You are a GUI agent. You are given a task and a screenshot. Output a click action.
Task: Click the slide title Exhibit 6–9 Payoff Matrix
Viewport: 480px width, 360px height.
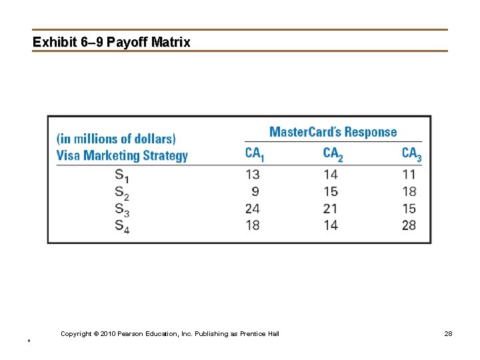click(111, 42)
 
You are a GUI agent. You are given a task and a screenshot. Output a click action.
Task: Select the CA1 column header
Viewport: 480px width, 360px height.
click(255, 154)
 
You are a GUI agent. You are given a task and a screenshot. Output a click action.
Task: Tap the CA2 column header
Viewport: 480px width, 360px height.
click(333, 154)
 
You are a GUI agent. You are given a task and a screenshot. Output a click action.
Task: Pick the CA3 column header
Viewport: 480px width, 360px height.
click(411, 154)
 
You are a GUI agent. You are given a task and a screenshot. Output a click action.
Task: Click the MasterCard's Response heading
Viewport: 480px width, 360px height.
click(333, 132)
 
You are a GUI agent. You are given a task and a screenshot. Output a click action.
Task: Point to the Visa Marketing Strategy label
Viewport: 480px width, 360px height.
click(122, 156)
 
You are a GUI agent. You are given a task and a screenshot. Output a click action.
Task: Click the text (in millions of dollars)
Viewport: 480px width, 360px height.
click(116, 139)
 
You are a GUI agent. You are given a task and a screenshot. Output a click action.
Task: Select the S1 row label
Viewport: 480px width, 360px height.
click(122, 175)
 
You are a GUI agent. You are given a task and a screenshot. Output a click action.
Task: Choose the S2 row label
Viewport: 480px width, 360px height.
click(122, 193)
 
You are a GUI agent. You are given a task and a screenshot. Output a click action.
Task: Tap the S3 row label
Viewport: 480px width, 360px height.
click(122, 209)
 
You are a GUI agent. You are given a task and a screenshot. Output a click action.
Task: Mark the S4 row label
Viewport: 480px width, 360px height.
click(122, 227)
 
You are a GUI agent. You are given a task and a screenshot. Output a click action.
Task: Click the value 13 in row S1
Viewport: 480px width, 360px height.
click(252, 175)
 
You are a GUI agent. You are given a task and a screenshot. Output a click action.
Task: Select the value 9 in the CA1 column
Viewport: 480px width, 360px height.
click(256, 191)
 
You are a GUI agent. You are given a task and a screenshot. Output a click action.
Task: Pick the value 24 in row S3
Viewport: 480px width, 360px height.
click(252, 209)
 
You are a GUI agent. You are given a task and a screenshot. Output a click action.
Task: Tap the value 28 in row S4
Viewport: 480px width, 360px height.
click(409, 225)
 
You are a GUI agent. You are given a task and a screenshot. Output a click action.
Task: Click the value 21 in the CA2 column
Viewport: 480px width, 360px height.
click(330, 209)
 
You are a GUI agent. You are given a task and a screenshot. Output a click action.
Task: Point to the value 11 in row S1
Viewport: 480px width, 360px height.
click(409, 175)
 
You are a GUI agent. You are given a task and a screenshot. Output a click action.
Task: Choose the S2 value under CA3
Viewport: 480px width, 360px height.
click(409, 191)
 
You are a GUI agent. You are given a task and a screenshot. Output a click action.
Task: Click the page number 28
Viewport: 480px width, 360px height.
click(448, 333)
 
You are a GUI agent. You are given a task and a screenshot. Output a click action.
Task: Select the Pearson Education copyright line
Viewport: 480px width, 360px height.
click(170, 333)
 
